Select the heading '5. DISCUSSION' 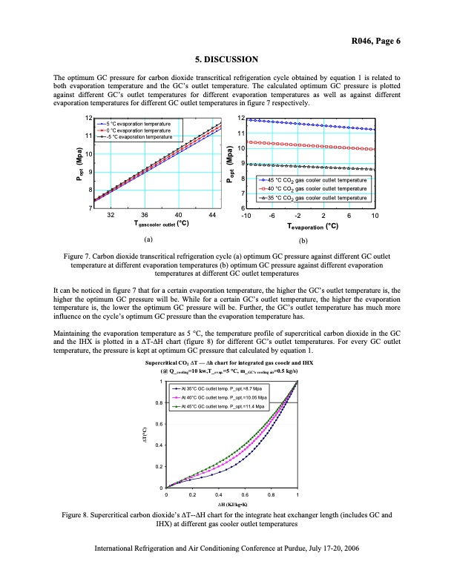(226, 59)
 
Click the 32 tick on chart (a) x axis (110, 215)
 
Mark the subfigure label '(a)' (148, 240)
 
